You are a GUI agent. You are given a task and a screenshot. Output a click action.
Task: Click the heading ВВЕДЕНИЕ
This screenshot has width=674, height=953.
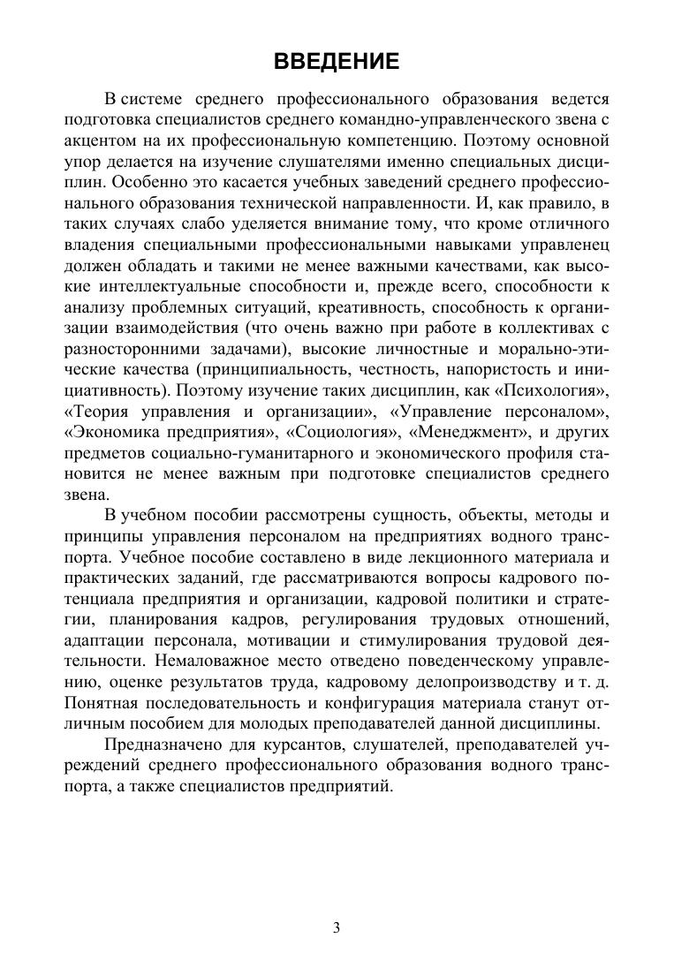coord(337,61)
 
